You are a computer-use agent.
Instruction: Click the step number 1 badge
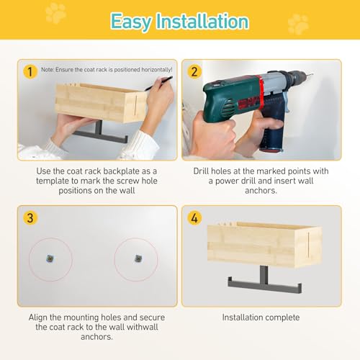click(x=30, y=71)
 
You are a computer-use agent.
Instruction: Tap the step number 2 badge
click(x=194, y=71)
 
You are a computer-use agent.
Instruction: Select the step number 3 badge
click(x=30, y=218)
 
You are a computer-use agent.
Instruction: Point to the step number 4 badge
click(x=194, y=218)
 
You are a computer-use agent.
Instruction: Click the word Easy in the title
click(x=131, y=22)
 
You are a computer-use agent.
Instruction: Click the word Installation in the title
click(x=202, y=21)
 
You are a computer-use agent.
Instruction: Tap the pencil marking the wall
click(x=158, y=83)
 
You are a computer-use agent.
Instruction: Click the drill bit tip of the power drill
click(x=312, y=74)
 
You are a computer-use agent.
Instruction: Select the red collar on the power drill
click(x=260, y=92)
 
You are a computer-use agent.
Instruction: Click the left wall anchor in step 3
click(x=50, y=258)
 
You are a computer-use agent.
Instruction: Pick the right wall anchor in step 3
click(x=138, y=258)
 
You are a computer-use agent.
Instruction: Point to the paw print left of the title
click(x=55, y=13)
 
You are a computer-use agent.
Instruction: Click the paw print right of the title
click(x=298, y=24)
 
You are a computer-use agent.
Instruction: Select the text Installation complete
click(x=261, y=318)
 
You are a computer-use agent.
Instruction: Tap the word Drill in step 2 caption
click(x=202, y=171)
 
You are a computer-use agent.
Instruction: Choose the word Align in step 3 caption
click(x=38, y=318)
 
